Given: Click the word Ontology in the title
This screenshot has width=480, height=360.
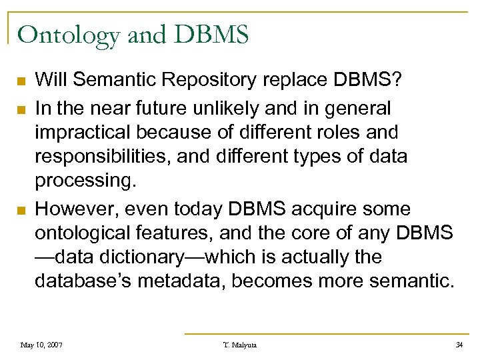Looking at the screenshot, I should (69, 35).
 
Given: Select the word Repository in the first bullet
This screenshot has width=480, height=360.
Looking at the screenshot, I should (203, 81).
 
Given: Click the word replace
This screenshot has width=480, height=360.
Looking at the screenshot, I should (285, 81).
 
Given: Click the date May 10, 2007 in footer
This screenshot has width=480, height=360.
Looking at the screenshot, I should (42, 345).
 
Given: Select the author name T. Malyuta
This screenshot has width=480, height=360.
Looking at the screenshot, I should (240, 345).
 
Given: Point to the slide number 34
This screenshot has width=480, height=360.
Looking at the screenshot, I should (459, 345).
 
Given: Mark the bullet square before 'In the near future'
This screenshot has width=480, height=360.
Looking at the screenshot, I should (21, 109).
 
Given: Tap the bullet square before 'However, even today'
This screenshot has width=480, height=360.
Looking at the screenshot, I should (21, 210).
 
